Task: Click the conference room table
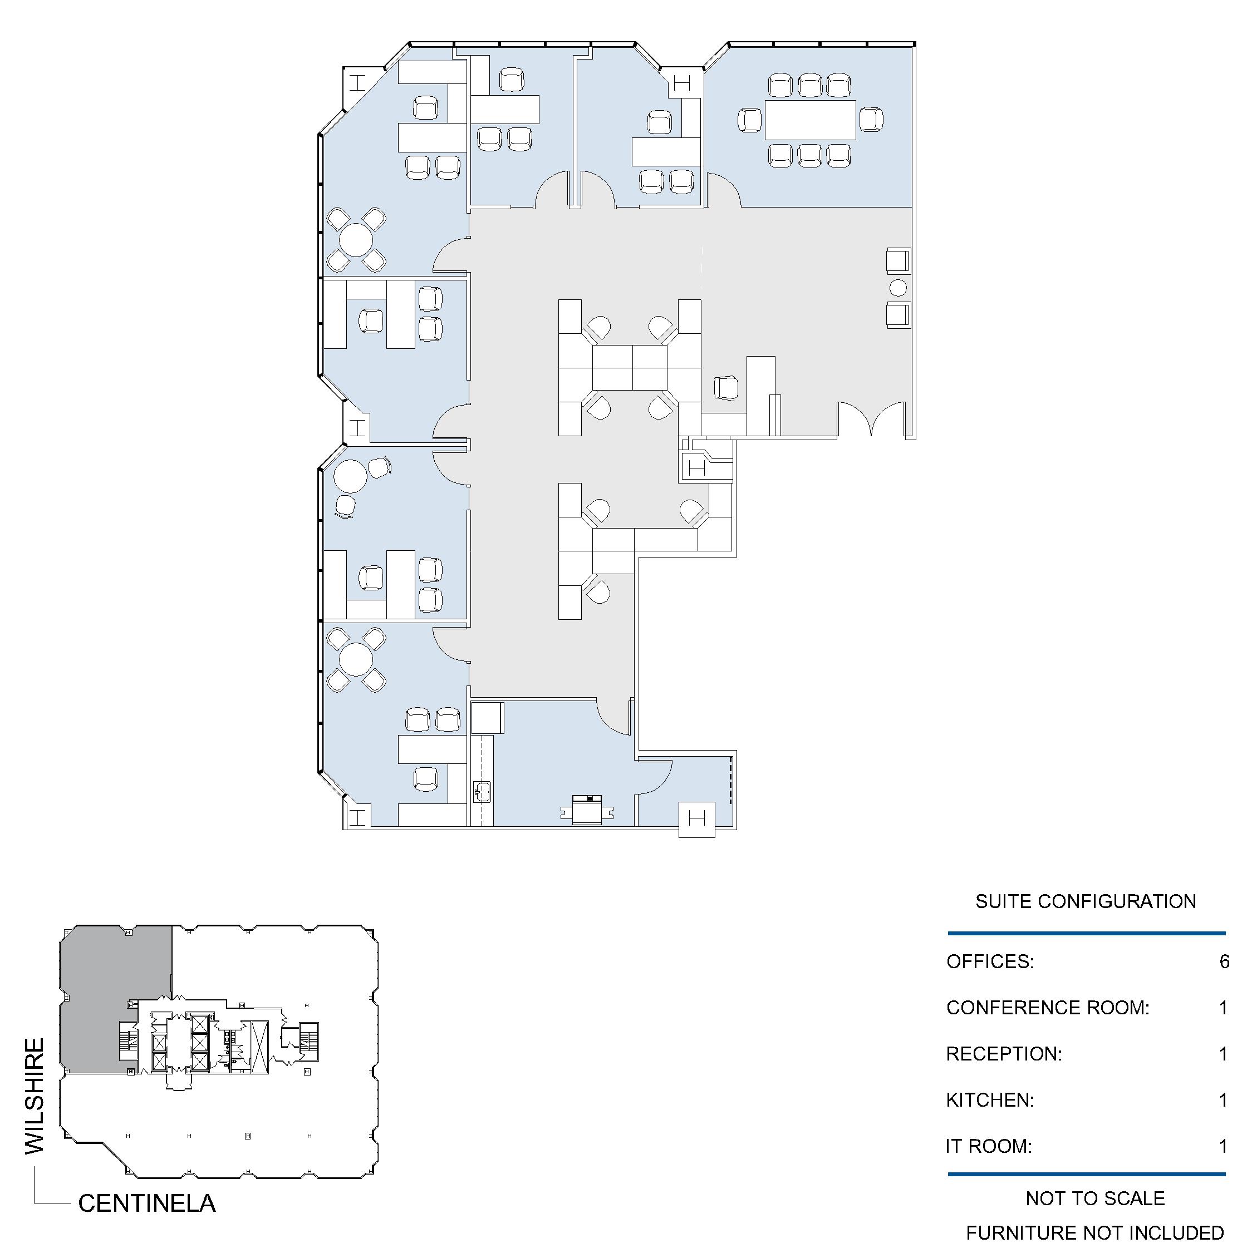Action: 811,120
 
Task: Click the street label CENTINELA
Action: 146,1203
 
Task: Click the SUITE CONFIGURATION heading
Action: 1086,901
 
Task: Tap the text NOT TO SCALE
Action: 1095,1198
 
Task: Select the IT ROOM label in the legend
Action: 988,1147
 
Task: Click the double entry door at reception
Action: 871,418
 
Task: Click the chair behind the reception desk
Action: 726,388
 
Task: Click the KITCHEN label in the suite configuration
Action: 990,1100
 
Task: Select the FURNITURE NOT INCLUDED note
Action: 1095,1232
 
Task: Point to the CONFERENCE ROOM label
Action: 1048,1008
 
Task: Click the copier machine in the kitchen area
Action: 587,811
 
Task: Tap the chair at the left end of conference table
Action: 749,120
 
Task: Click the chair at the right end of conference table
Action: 871,120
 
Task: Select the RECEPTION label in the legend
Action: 1004,1054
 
